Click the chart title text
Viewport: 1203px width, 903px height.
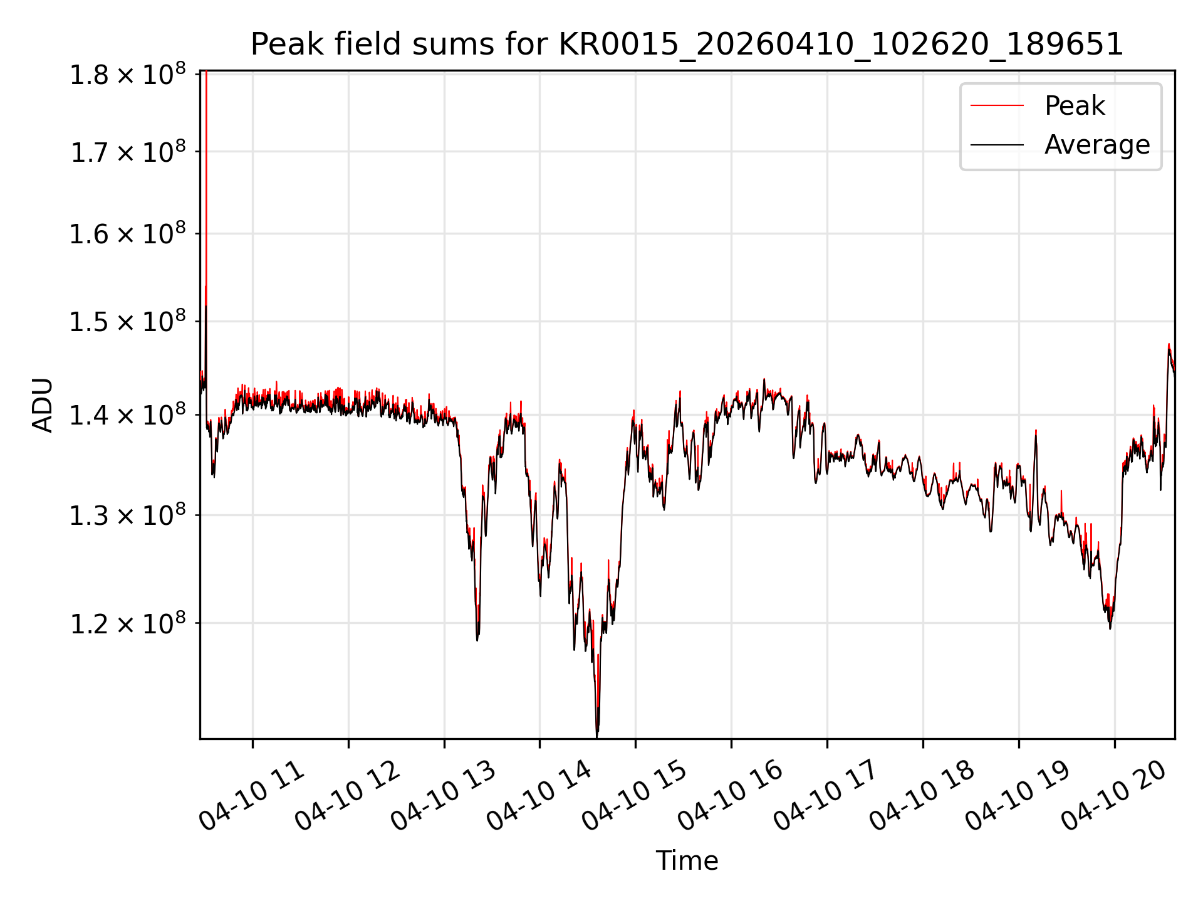687,45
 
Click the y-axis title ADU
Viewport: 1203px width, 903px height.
43,404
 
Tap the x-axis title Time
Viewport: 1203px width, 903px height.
687,860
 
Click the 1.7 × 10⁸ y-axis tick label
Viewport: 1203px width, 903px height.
128,152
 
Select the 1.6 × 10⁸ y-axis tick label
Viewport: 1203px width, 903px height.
128,234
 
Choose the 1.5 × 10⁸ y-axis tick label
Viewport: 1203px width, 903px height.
128,322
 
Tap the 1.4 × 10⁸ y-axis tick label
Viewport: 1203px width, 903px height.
128,415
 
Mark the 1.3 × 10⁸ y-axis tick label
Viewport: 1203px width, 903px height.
128,515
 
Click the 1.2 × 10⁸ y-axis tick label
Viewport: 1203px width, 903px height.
128,623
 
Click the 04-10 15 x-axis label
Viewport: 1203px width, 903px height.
635,795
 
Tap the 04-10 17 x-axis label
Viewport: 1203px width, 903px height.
826,795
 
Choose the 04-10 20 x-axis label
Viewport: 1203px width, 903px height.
1113,795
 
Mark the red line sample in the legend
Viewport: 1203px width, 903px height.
997,105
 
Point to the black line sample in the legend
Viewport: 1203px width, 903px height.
997,145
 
